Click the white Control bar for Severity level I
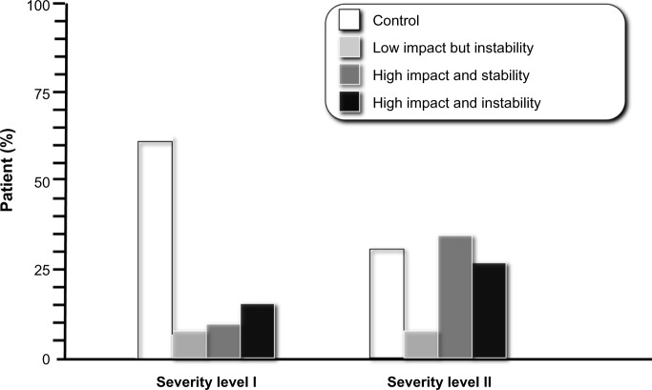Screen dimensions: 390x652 pos(155,250)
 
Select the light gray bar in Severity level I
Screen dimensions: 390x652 pos(189,344)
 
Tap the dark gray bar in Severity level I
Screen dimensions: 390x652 pos(222,341)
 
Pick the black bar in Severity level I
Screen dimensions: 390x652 pos(257,331)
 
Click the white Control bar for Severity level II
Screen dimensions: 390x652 pos(387,303)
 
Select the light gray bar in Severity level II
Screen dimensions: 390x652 pos(421,344)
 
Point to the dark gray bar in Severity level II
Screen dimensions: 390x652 pos(454,297)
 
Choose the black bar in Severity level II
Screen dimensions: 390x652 pos(489,311)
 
